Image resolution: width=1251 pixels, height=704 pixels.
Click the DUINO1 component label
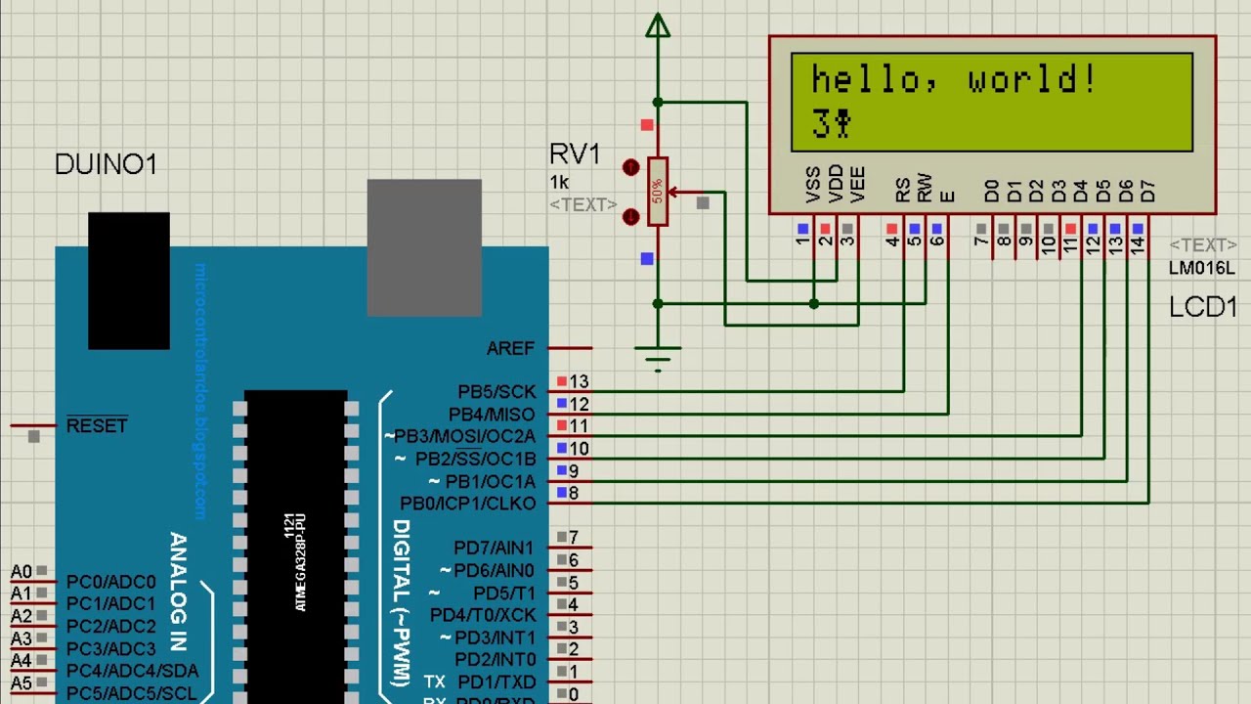click(106, 164)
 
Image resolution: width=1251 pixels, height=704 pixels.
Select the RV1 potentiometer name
click(575, 154)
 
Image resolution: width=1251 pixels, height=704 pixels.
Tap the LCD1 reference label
click(1203, 307)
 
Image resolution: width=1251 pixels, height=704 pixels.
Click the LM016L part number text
click(1201, 268)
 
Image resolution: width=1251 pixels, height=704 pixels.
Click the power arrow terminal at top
click(658, 26)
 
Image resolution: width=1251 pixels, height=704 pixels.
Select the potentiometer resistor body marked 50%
click(658, 191)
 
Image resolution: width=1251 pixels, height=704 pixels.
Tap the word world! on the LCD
click(1031, 80)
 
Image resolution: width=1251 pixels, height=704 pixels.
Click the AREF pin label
click(510, 348)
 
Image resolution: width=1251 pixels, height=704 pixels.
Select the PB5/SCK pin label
click(496, 392)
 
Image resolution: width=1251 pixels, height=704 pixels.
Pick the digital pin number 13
click(580, 382)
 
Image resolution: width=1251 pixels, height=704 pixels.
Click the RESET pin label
click(97, 425)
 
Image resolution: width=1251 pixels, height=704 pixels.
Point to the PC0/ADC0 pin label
click(110, 582)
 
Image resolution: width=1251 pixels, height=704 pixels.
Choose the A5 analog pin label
click(21, 683)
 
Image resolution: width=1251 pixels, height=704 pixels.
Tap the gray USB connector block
click(424, 247)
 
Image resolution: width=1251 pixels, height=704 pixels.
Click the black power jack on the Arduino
click(128, 281)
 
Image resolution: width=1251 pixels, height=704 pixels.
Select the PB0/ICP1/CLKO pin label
click(468, 504)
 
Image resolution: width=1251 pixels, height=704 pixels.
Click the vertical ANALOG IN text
click(178, 592)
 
